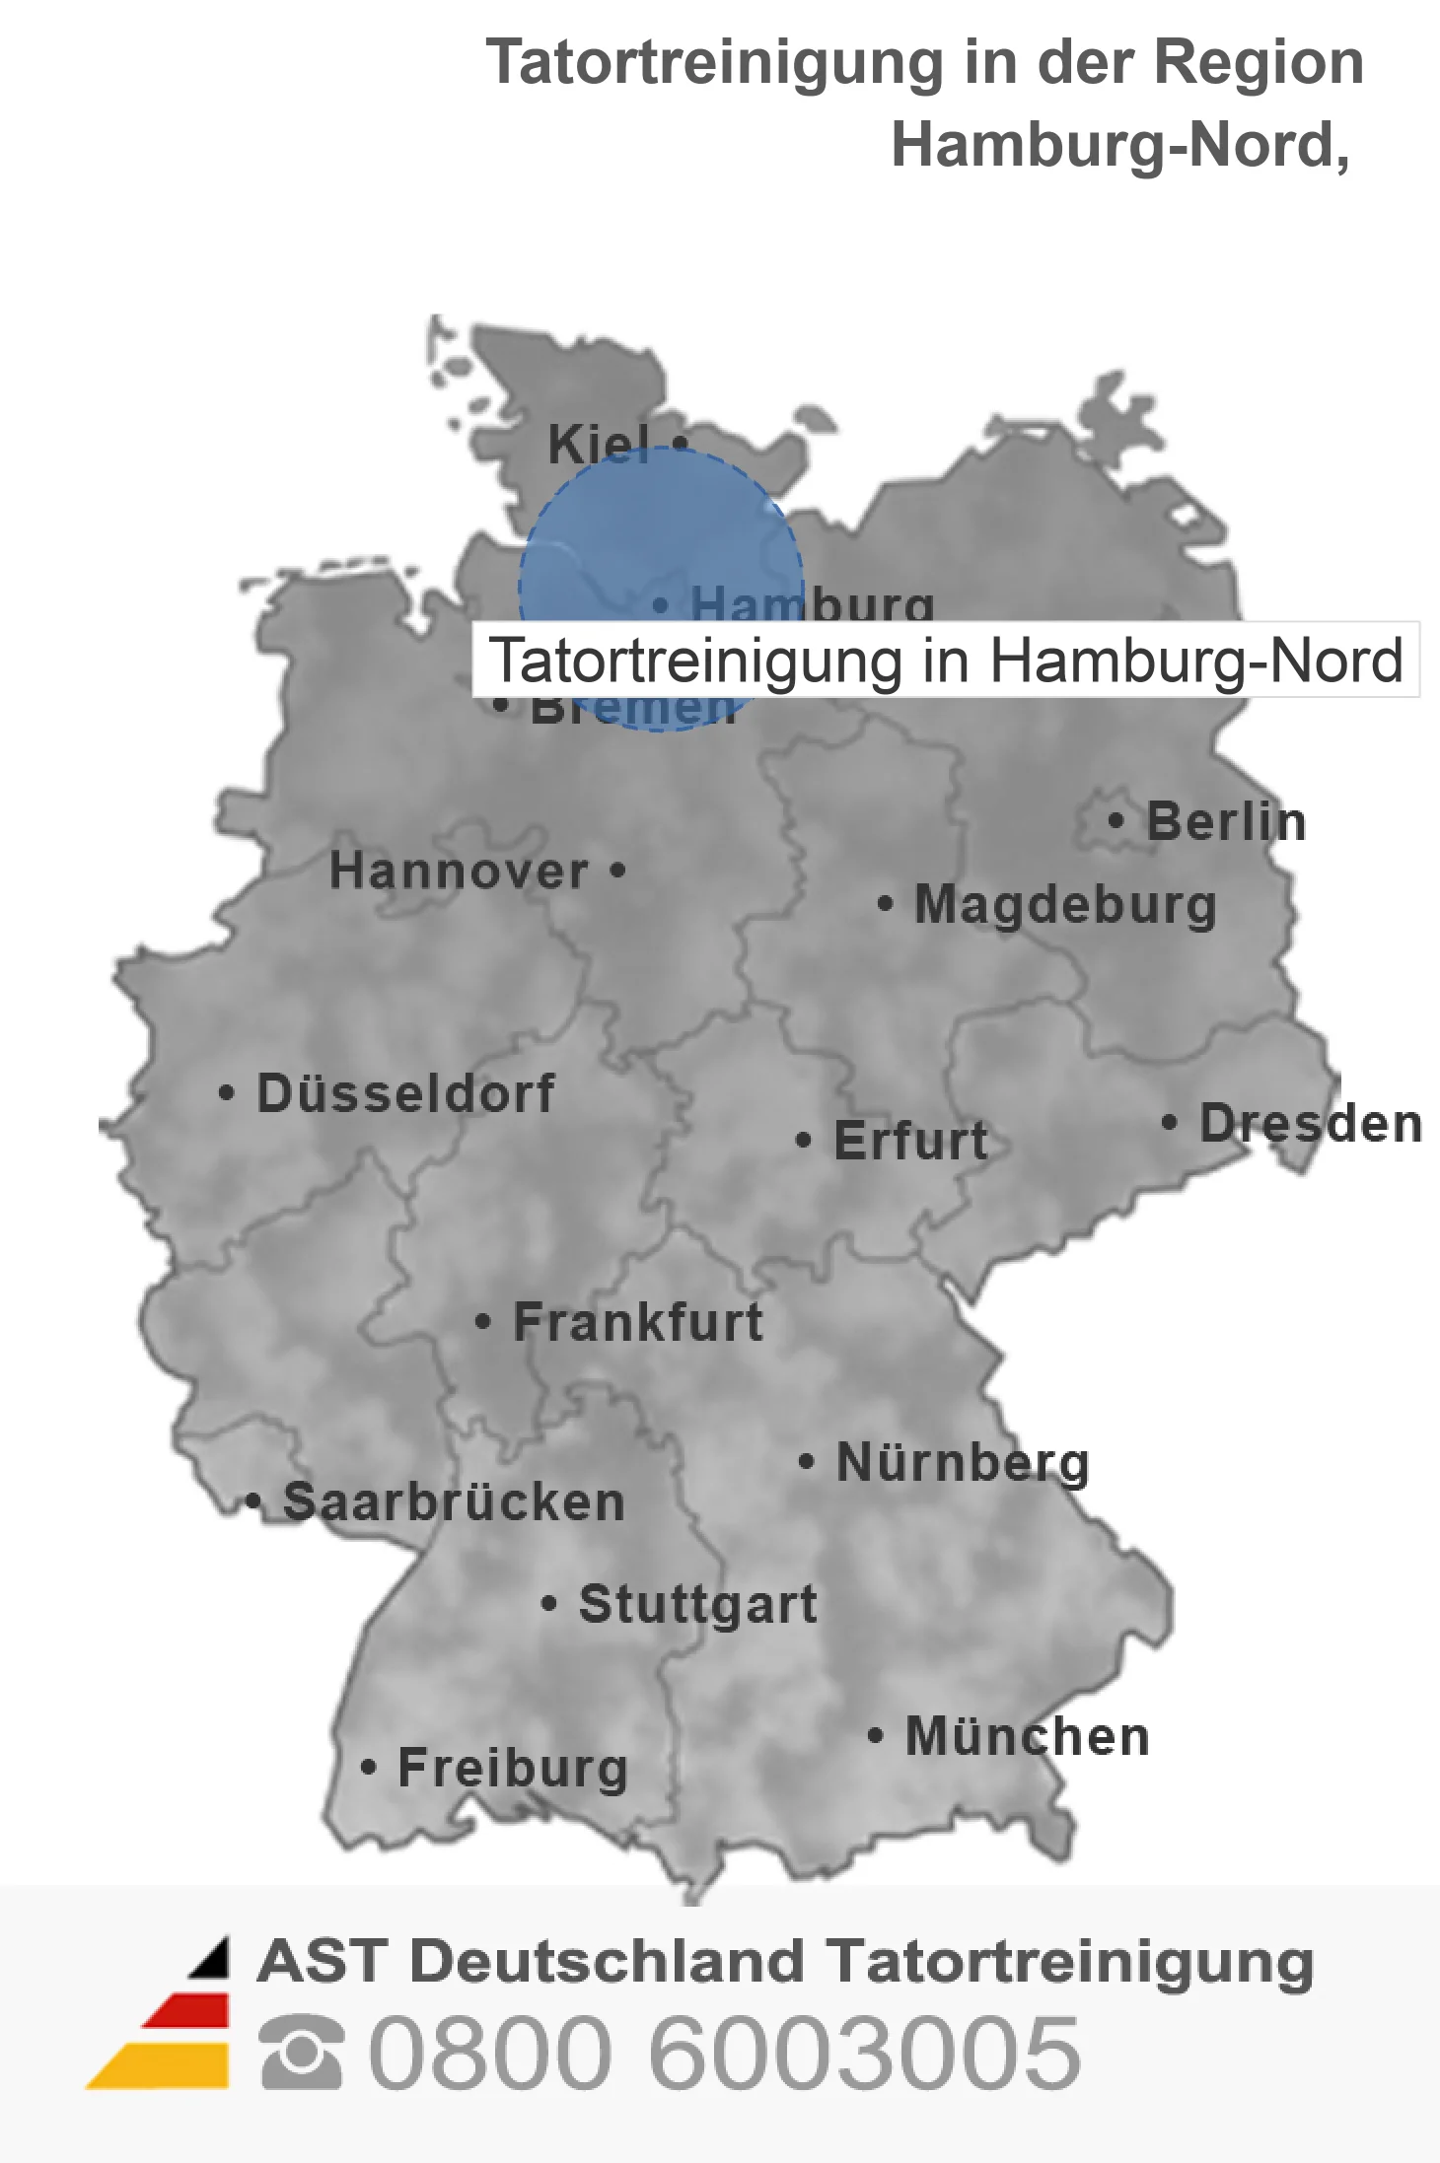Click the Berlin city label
pos(1226,821)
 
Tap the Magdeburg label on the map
pos(1065,904)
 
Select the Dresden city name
pos(1311,1123)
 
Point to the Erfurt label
pos(910,1141)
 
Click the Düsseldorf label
pos(405,1093)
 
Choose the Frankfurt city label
pos(638,1322)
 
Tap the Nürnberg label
pos(963,1462)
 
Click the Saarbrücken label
pos(454,1502)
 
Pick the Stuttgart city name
pos(698,1604)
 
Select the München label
pos(1028,1736)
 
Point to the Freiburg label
pos(513,1768)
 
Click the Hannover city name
pos(459,871)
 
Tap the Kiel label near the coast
pos(599,444)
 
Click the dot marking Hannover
pos(617,871)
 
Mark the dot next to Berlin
pos(1116,820)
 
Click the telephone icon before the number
pos(302,2054)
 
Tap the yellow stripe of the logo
pos(163,2065)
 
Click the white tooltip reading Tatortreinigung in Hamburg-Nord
pos(945,660)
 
